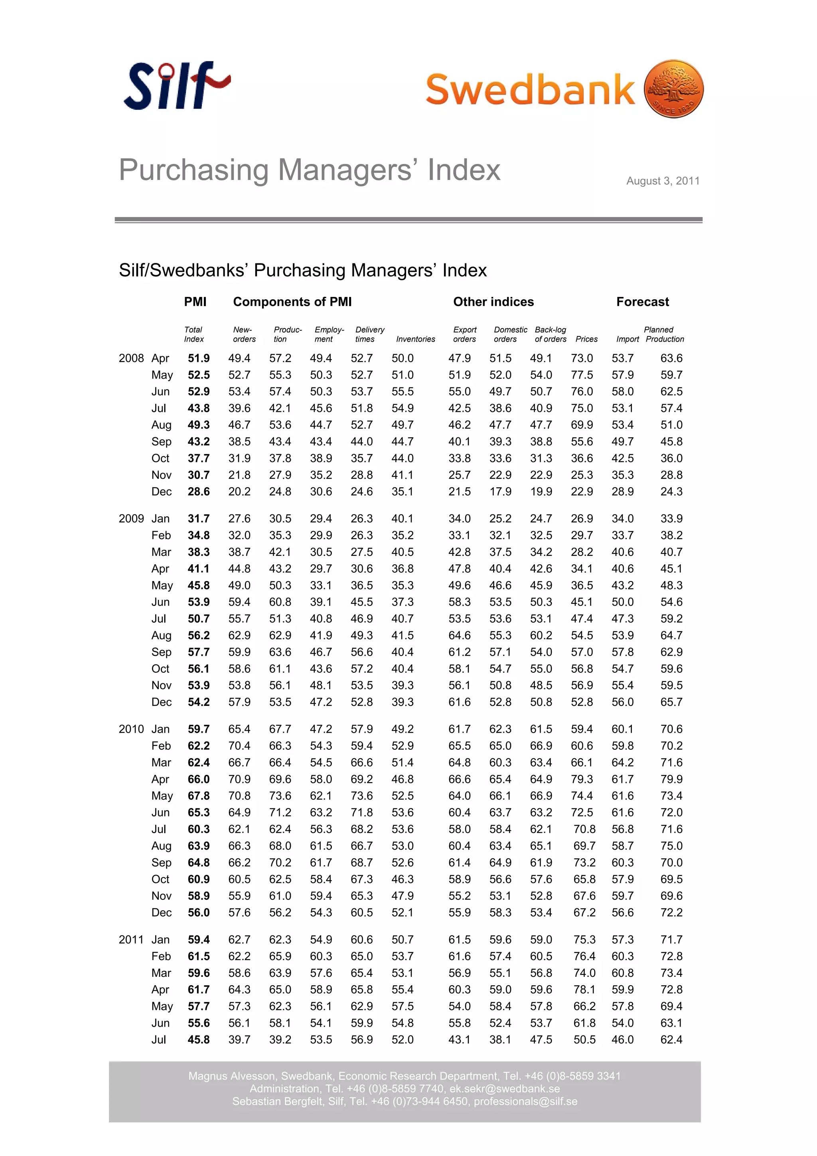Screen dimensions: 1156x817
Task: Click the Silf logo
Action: pyautogui.click(x=176, y=85)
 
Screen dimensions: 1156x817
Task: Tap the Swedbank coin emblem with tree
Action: pyautogui.click(x=673, y=89)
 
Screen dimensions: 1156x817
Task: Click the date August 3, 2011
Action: pyautogui.click(x=663, y=181)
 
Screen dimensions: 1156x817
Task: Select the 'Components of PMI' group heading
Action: pyautogui.click(x=292, y=302)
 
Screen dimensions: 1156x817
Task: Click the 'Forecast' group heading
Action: pyautogui.click(x=642, y=302)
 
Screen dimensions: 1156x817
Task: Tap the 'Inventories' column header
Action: pyautogui.click(x=415, y=339)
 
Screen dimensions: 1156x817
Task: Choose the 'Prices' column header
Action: pyautogui.click(x=586, y=339)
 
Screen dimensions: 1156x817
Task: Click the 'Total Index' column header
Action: pyautogui.click(x=194, y=334)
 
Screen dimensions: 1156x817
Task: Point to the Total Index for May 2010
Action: pyautogui.click(x=199, y=796)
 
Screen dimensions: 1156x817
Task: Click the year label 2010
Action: pyautogui.click(x=131, y=729)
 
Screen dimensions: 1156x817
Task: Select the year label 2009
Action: pyautogui.click(x=131, y=519)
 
